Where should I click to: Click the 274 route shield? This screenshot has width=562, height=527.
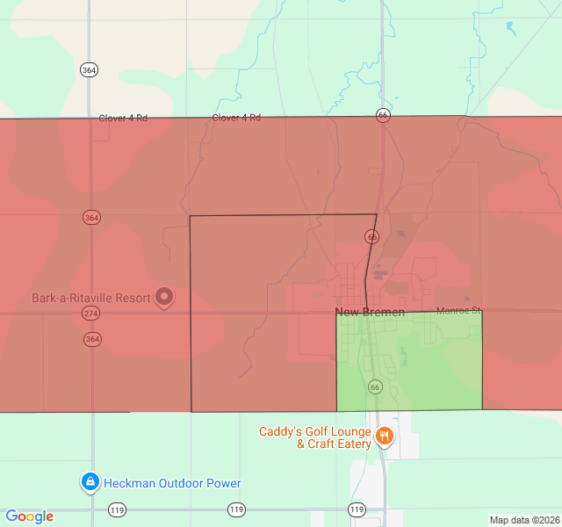(x=92, y=313)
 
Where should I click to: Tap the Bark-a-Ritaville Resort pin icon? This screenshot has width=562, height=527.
(x=164, y=298)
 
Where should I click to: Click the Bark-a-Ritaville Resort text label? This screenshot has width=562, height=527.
(x=91, y=298)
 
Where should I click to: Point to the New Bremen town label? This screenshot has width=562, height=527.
(x=370, y=313)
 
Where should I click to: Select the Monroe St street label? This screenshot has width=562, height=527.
(x=459, y=311)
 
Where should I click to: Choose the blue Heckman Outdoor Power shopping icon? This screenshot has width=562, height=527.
(x=90, y=482)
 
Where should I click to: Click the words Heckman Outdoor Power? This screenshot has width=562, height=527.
(x=172, y=483)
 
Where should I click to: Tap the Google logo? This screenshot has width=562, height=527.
(x=29, y=516)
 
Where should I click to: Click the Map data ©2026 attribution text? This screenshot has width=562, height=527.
(x=524, y=520)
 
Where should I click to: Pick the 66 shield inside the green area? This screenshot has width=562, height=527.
(x=375, y=387)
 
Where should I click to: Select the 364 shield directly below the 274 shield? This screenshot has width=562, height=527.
(x=92, y=339)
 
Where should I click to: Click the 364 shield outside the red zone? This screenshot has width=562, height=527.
(x=88, y=70)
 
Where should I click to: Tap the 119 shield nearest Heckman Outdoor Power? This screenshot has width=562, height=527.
(x=117, y=509)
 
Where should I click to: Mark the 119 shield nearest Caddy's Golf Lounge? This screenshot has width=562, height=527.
(x=357, y=509)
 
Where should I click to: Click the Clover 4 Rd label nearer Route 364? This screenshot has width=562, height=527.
(x=123, y=118)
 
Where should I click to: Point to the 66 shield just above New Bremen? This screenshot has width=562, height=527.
(x=372, y=237)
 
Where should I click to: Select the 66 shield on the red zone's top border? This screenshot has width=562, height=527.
(x=382, y=115)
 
